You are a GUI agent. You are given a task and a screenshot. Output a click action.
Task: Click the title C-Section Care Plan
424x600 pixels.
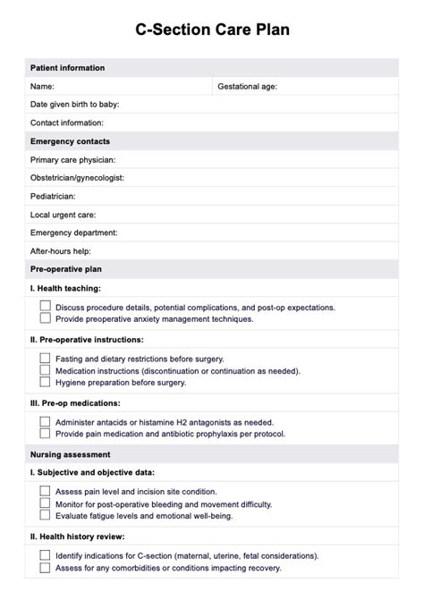pos(212,30)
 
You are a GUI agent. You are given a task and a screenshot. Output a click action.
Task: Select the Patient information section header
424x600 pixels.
pos(67,68)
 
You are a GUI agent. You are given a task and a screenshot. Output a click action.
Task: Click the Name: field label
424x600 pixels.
pos(43,87)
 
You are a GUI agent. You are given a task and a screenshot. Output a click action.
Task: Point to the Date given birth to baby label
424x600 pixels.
pos(74,105)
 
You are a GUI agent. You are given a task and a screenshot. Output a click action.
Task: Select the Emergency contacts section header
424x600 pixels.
pos(71,141)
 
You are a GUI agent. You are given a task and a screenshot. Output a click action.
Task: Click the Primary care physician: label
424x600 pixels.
pos(72,160)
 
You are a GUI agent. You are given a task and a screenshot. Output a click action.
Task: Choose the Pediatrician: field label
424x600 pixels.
pos(53,196)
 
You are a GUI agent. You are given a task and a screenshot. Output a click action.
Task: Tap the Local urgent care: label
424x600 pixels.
pos(63,215)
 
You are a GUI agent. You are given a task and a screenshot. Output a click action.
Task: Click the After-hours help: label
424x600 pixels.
pos(61,251)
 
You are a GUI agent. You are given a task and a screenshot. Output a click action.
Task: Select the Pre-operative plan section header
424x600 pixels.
pos(67,269)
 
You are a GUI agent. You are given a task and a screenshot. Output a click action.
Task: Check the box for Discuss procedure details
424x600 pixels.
pos(45,306)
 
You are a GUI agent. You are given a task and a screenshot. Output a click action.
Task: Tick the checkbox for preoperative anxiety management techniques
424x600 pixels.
pos(45,317)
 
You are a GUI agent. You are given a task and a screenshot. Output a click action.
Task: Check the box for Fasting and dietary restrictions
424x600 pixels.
pos(45,358)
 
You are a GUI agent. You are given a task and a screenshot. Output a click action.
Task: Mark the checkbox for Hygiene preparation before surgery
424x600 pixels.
pos(45,381)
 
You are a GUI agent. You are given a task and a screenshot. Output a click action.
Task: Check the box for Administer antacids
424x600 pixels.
pos(45,421)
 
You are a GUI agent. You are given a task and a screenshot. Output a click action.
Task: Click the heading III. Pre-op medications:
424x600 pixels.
pos(75,402)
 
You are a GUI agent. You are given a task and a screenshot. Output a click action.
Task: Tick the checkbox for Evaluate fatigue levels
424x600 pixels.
pos(45,514)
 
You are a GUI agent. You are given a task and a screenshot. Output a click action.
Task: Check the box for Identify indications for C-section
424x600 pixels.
pos(45,554)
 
